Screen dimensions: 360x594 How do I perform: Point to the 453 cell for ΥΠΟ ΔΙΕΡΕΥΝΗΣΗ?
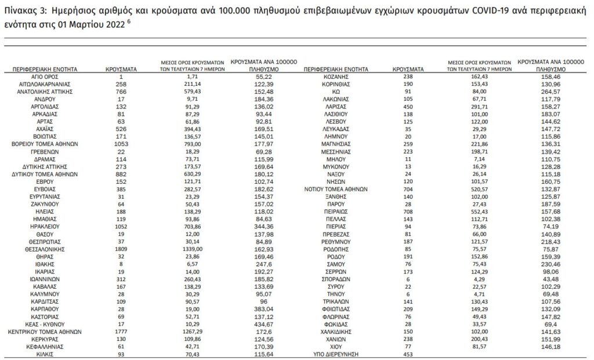(411, 354)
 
